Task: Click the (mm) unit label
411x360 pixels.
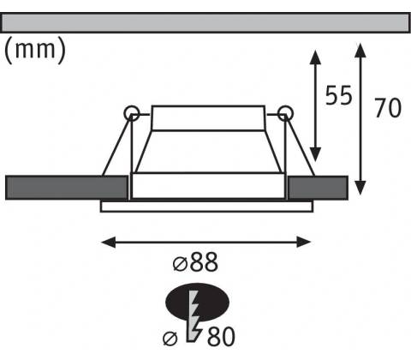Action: pos(35,51)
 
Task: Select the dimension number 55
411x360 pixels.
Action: pos(339,95)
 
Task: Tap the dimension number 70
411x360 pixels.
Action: pos(388,108)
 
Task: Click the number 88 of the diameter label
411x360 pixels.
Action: pos(204,262)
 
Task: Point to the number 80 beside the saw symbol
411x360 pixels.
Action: pos(221,337)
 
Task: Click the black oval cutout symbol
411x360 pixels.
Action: pos(198,303)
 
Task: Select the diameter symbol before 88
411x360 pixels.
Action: pos(180,264)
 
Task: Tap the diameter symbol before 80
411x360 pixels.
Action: pos(170,339)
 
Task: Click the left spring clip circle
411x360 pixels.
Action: pos(132,113)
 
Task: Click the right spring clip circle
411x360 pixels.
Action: pos(285,113)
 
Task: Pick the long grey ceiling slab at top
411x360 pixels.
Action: pos(205,22)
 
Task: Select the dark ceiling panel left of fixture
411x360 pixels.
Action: pos(67,188)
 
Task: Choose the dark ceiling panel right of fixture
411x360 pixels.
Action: pos(318,188)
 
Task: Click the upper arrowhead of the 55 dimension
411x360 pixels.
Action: pos(315,57)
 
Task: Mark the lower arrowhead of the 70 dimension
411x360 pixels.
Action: pos(360,188)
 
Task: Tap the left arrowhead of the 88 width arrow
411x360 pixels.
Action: pos(109,243)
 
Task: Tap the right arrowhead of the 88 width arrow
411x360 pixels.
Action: pos(304,243)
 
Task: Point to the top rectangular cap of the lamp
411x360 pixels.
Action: pos(208,118)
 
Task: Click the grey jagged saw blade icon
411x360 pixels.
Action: pos(194,315)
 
